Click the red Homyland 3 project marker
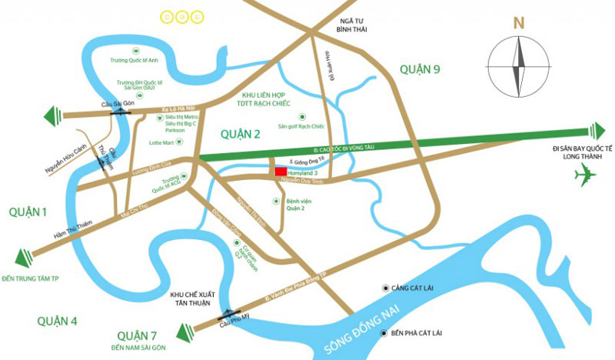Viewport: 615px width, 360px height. click(281, 172)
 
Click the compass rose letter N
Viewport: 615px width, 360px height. click(519, 22)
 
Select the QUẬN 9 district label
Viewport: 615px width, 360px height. click(419, 69)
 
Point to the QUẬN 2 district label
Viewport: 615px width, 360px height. click(241, 134)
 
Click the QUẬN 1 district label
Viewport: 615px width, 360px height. click(28, 212)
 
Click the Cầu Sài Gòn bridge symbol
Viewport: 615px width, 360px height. click(120, 112)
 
